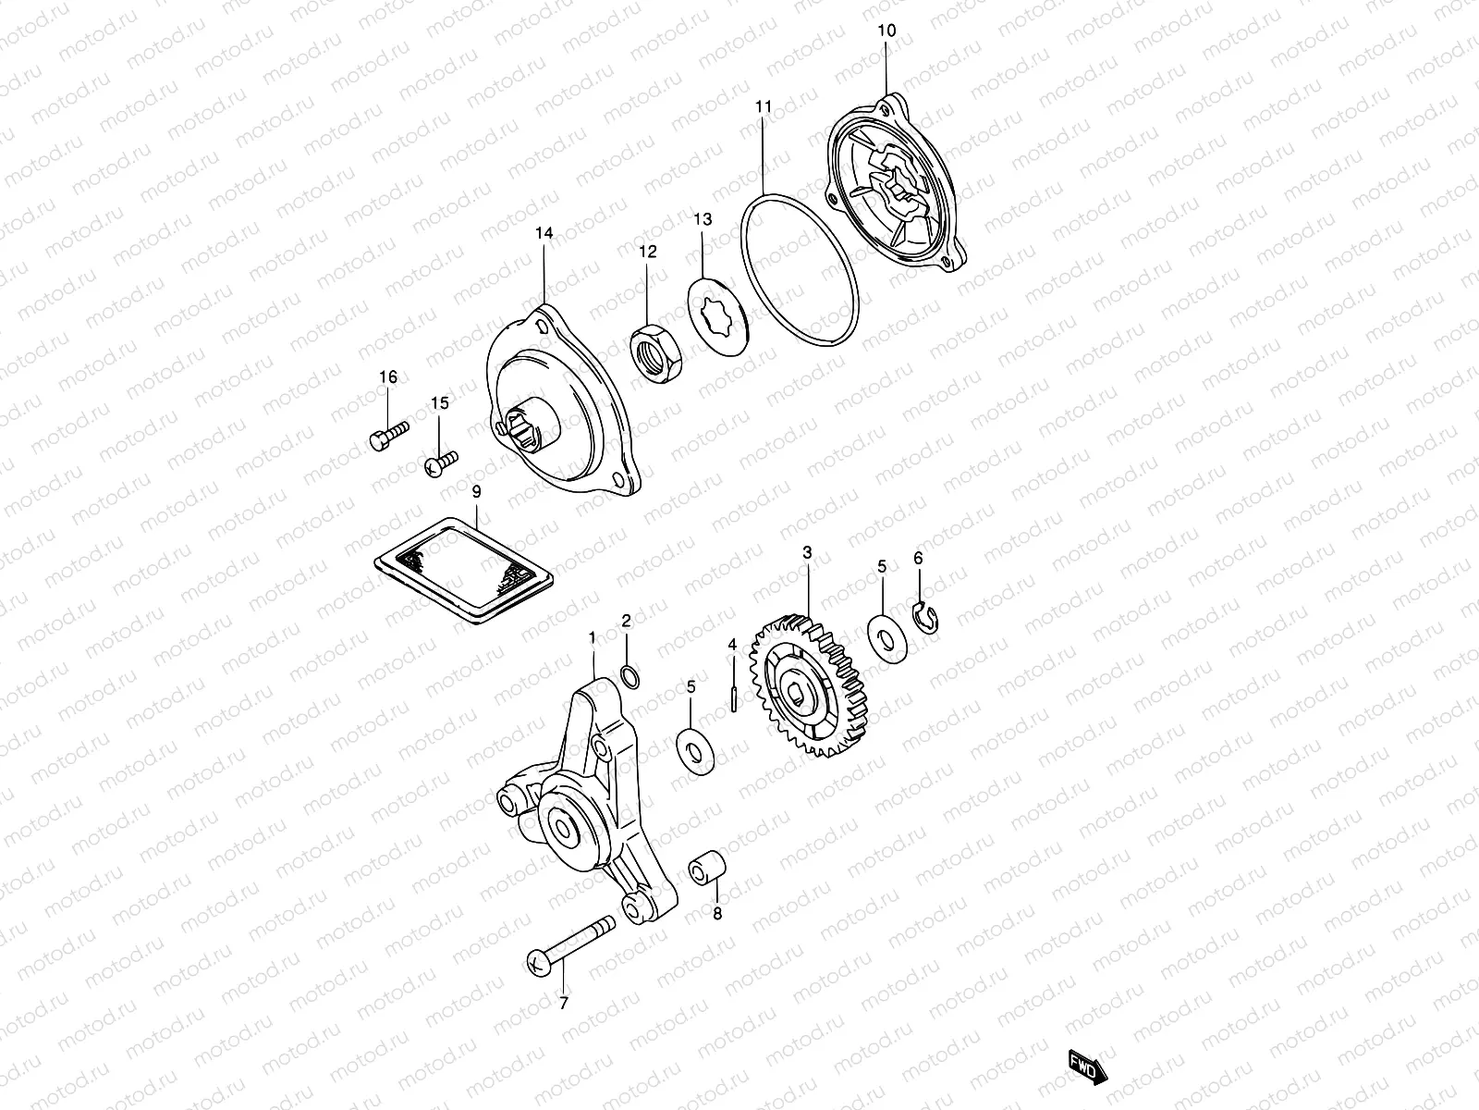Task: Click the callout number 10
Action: tap(886, 31)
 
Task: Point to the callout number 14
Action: tap(544, 234)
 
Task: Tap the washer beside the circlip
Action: tap(887, 635)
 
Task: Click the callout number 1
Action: tap(593, 637)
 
